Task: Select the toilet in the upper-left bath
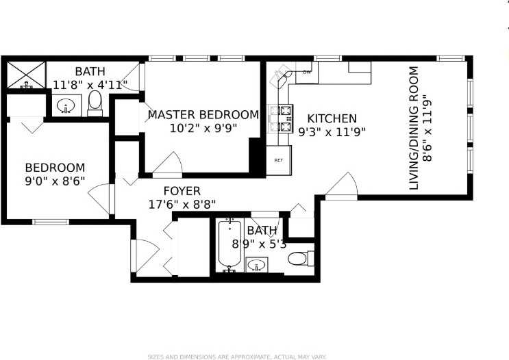pos(95,102)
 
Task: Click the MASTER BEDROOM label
pos(203,115)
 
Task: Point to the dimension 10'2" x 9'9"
pos(203,128)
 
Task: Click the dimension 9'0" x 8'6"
pos(55,181)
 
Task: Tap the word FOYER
pos(182,191)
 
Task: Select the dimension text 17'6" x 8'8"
pos(182,204)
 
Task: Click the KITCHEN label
pos(332,118)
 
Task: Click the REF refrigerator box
pos(279,160)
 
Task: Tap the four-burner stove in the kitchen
pos(281,117)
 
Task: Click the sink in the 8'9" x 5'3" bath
pos(257,264)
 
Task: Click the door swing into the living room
pos(342,185)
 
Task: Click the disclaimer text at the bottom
pos(238,357)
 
